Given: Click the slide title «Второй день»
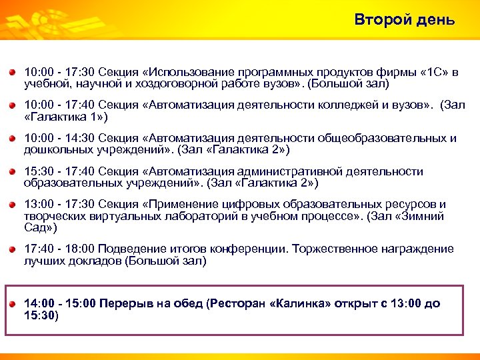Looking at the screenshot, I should [405, 20].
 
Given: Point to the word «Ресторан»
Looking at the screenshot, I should [237, 303].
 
